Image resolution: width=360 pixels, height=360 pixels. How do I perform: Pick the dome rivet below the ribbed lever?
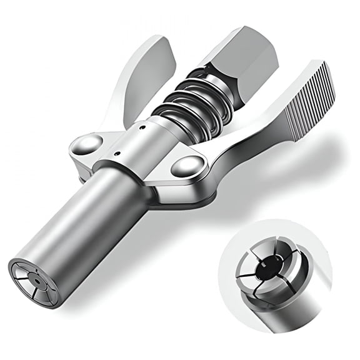click(187, 167)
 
